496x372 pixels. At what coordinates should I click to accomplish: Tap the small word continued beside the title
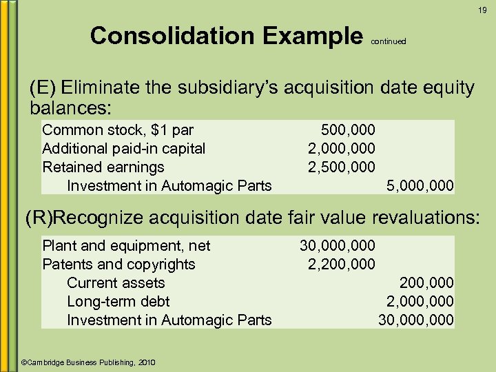[x=389, y=41]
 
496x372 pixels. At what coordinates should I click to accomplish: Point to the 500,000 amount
[x=348, y=130]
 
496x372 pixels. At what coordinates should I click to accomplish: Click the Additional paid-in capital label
[x=124, y=148]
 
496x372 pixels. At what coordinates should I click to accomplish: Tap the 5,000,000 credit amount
[x=420, y=185]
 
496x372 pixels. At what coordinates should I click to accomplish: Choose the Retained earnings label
[x=103, y=167]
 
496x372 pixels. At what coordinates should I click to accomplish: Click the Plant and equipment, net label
[x=126, y=245]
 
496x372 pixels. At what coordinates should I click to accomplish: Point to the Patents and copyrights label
[x=118, y=264]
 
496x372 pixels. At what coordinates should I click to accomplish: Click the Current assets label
[x=116, y=282]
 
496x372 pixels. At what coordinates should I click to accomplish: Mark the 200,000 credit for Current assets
[x=427, y=282]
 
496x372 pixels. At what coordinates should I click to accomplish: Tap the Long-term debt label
[x=118, y=301]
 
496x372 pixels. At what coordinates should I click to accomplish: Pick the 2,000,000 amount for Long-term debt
[x=420, y=301]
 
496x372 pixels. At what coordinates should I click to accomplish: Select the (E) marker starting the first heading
[x=42, y=89]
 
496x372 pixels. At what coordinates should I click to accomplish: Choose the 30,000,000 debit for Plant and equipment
[x=338, y=245]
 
